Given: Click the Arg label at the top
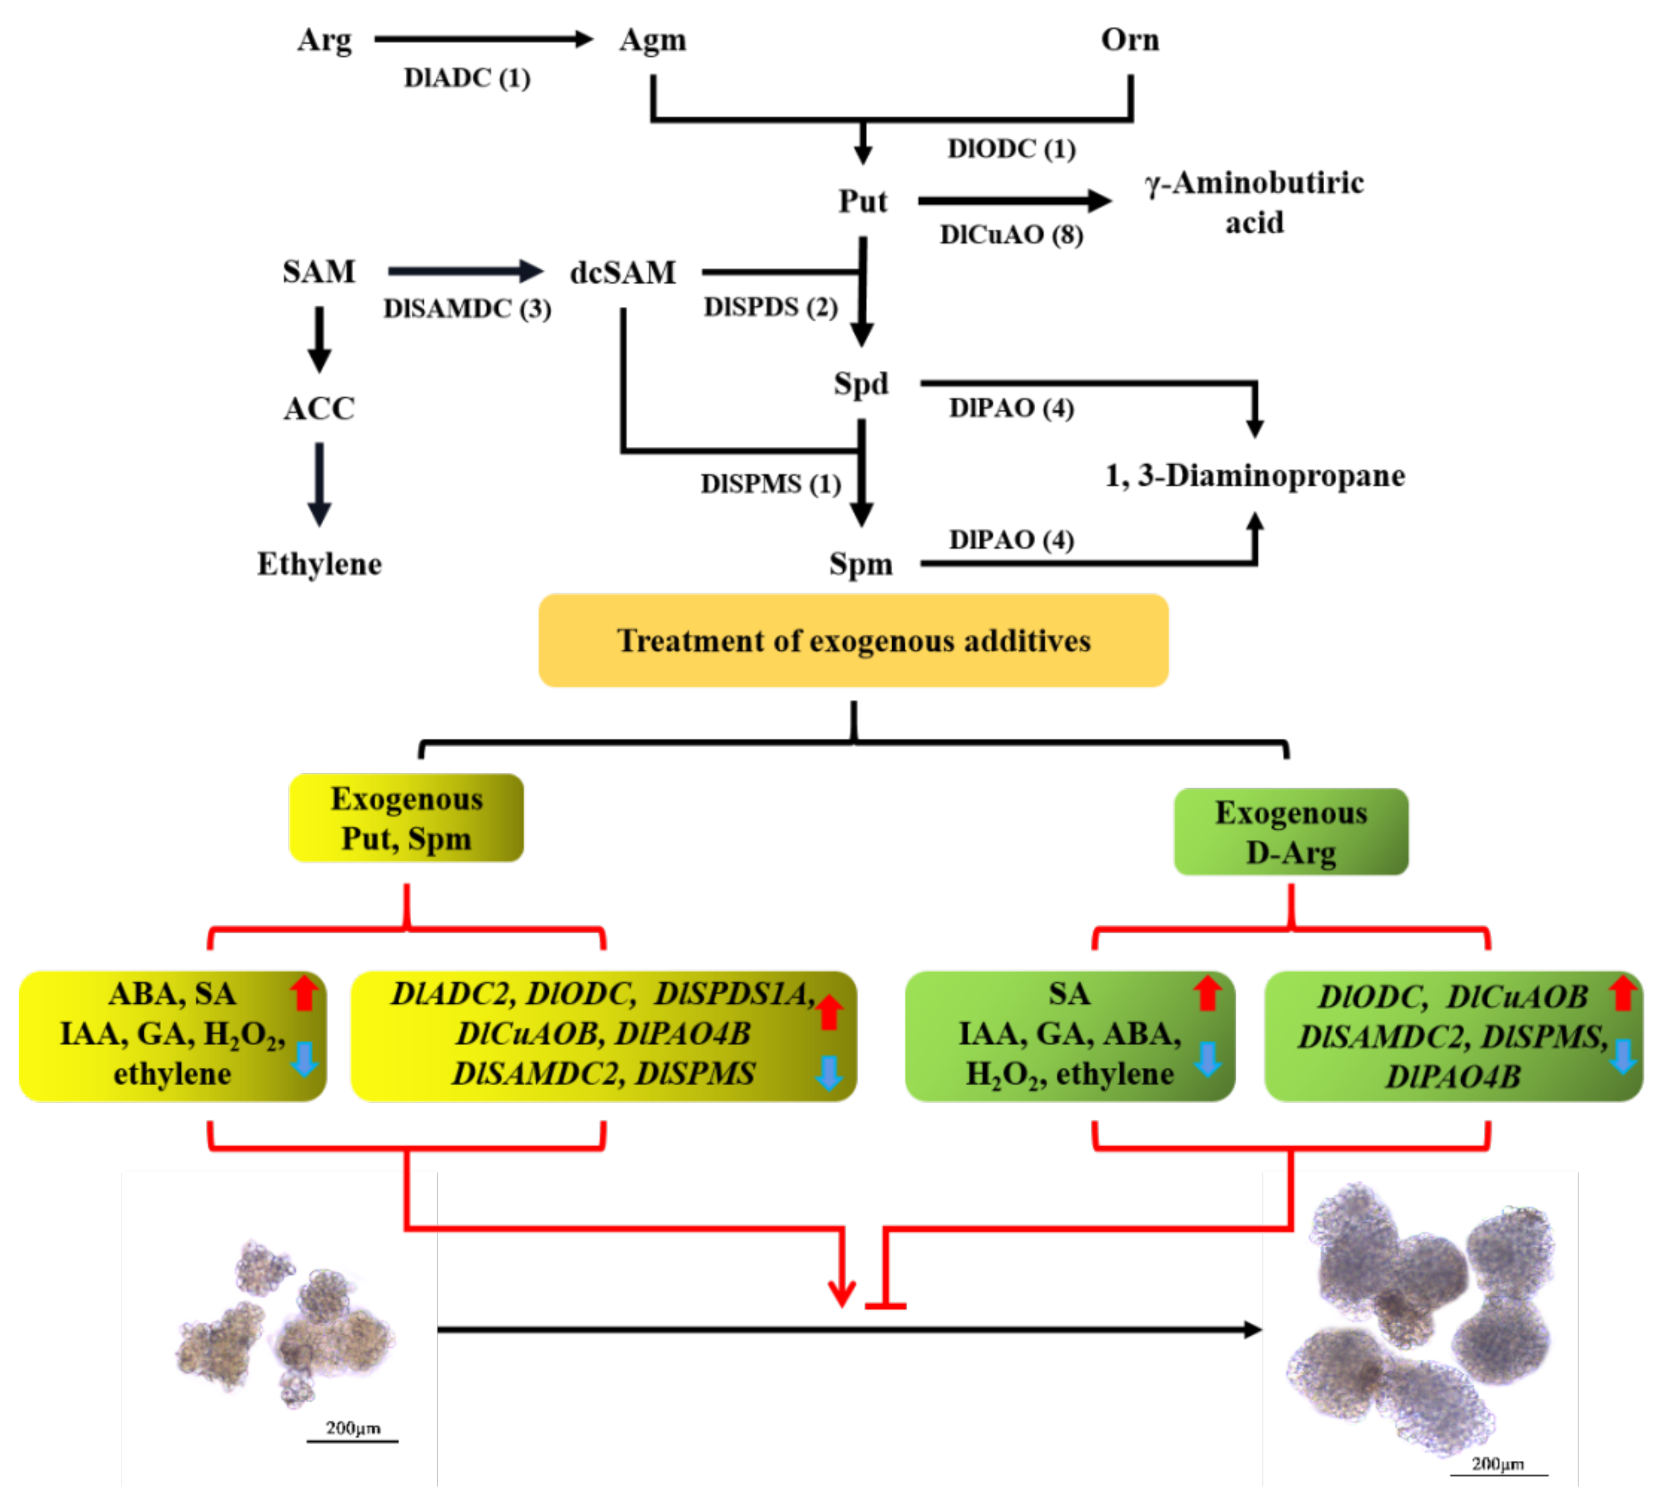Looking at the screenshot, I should [x=324, y=39].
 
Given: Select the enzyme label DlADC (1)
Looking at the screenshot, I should [x=466, y=78].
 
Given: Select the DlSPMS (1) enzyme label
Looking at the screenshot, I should [x=770, y=484].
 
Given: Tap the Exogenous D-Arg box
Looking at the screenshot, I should [x=1290, y=831].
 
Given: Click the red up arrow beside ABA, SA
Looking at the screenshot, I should [x=303, y=993].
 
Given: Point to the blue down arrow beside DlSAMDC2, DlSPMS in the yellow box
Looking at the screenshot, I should [x=829, y=1072].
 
